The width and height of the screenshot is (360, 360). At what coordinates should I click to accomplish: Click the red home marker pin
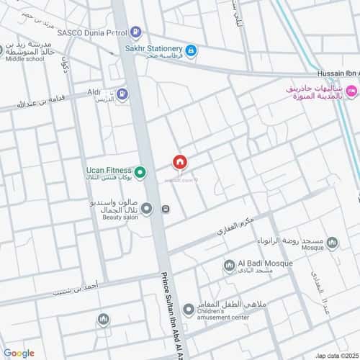[181, 162]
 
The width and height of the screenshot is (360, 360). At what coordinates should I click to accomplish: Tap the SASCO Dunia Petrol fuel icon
[136, 32]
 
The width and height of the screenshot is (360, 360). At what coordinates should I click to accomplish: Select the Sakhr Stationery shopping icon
[191, 50]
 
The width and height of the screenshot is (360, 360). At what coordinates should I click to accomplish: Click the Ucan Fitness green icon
[141, 171]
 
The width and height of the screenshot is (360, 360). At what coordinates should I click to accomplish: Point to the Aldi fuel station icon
[122, 93]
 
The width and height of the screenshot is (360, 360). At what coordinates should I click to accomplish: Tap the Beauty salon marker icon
[147, 210]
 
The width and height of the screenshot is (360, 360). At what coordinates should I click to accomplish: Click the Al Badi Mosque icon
[229, 265]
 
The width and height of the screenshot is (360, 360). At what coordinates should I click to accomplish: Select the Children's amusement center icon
[188, 310]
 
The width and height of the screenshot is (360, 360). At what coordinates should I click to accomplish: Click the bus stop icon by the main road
[166, 210]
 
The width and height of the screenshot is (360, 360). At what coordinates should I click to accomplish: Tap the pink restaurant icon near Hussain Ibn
[351, 91]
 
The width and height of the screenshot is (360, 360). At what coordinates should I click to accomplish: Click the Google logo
[18, 353]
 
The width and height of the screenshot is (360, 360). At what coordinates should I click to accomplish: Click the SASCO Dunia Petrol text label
[95, 32]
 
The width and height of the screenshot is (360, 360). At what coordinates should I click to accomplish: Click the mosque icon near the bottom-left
[104, 318]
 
